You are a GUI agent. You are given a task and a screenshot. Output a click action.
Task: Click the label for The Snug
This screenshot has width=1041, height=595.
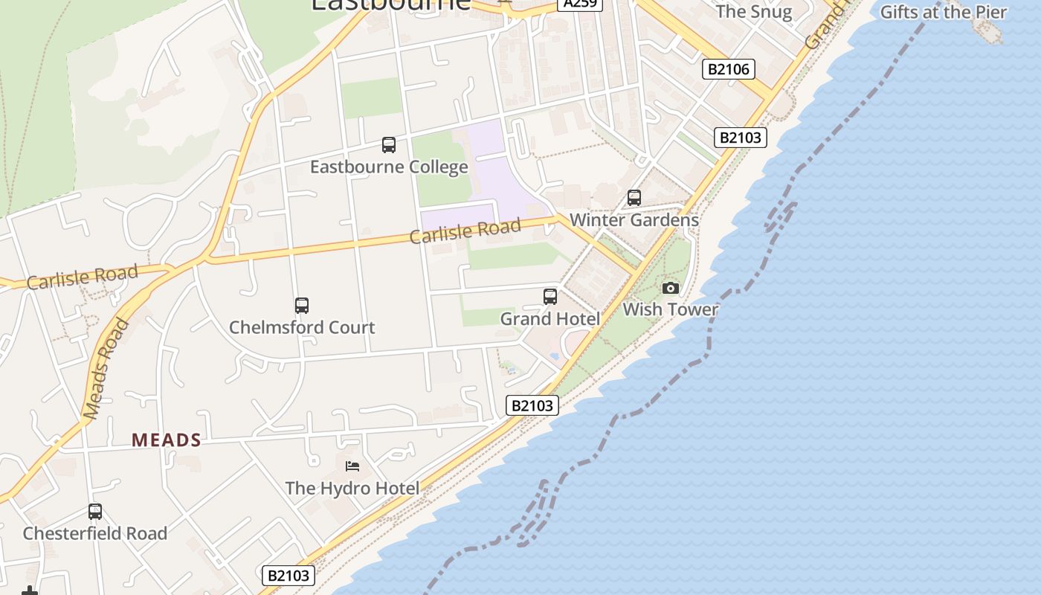(x=753, y=11)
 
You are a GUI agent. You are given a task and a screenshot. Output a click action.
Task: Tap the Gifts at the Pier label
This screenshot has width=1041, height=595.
(x=943, y=12)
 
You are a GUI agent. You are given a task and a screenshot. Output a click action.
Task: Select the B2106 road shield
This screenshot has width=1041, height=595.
(x=729, y=69)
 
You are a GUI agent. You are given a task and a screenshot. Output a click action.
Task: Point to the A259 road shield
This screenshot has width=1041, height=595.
(x=579, y=4)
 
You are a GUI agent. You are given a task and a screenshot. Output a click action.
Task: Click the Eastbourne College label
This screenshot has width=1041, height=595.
(x=389, y=167)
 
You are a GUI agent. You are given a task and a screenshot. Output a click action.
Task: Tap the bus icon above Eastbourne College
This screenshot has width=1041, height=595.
(x=389, y=145)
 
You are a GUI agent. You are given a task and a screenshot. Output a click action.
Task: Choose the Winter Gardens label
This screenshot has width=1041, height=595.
(x=634, y=220)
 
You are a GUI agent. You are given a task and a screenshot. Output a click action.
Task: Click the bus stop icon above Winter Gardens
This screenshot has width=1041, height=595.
(x=634, y=198)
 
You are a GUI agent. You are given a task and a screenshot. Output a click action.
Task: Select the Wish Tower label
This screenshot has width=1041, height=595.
(x=670, y=309)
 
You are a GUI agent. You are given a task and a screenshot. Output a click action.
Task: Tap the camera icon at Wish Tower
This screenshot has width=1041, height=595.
(x=671, y=288)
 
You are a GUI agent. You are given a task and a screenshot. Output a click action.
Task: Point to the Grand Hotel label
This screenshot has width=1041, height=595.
(x=549, y=319)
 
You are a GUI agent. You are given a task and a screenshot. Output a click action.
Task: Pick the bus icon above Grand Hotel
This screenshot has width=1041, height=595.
(x=550, y=297)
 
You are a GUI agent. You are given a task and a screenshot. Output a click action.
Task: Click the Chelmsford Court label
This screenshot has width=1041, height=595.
(x=302, y=327)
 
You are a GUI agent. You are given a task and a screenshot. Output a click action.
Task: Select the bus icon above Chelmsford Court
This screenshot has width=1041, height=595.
(x=302, y=306)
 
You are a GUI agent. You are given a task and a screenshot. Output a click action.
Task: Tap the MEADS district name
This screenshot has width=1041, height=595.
(x=167, y=440)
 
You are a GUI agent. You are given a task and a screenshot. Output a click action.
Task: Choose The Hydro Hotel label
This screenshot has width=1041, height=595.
(x=352, y=488)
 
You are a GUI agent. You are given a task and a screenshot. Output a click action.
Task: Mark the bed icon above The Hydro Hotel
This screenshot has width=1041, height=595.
(x=353, y=466)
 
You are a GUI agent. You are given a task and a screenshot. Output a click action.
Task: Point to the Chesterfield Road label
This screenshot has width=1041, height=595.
(x=95, y=533)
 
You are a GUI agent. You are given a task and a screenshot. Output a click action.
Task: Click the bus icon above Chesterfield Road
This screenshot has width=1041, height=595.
(x=95, y=512)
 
